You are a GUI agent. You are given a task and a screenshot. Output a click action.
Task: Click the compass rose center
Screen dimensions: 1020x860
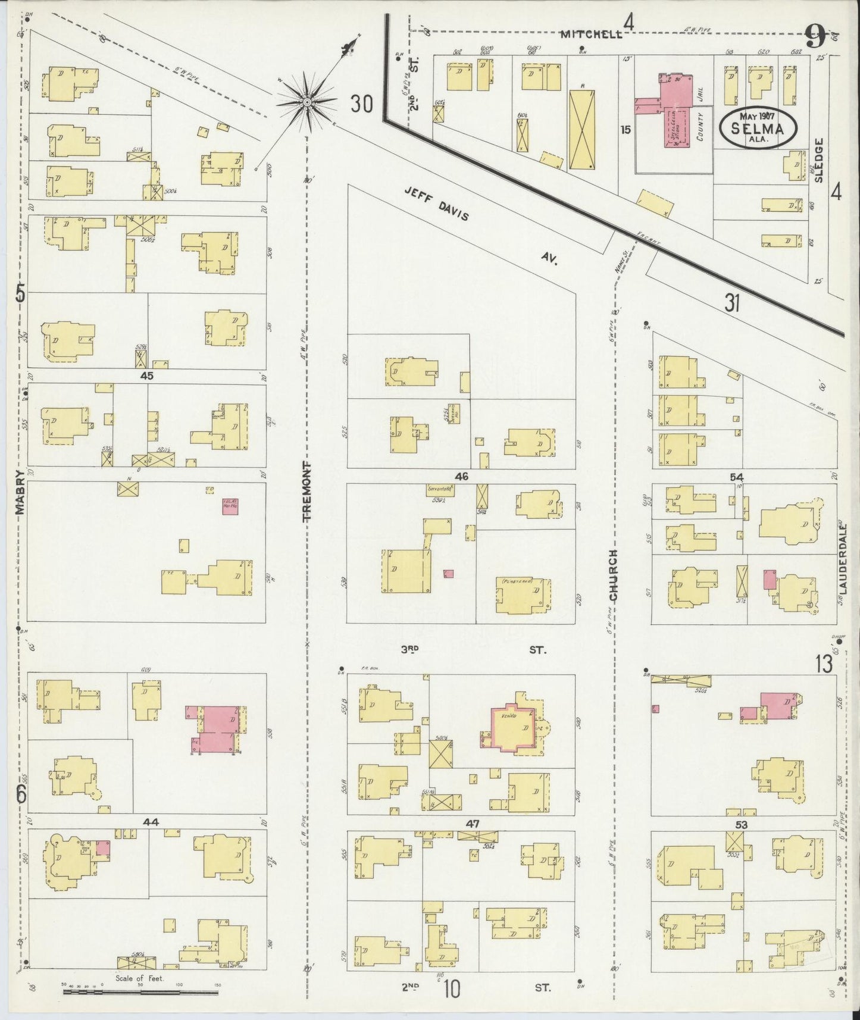click(x=307, y=102)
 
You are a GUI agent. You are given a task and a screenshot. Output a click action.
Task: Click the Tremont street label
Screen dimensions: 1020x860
click(x=307, y=492)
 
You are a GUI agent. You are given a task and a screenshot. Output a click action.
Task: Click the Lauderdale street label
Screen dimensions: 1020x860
click(x=842, y=559)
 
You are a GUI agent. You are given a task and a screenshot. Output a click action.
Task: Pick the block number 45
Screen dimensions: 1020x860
click(x=146, y=376)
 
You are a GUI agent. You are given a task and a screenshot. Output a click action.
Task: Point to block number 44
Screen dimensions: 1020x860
click(x=151, y=822)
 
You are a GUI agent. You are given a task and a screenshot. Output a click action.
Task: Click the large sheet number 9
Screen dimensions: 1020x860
click(x=815, y=39)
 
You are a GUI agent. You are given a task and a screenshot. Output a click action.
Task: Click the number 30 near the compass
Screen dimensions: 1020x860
click(x=361, y=104)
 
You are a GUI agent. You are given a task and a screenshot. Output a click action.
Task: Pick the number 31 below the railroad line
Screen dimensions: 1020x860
click(x=732, y=304)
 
